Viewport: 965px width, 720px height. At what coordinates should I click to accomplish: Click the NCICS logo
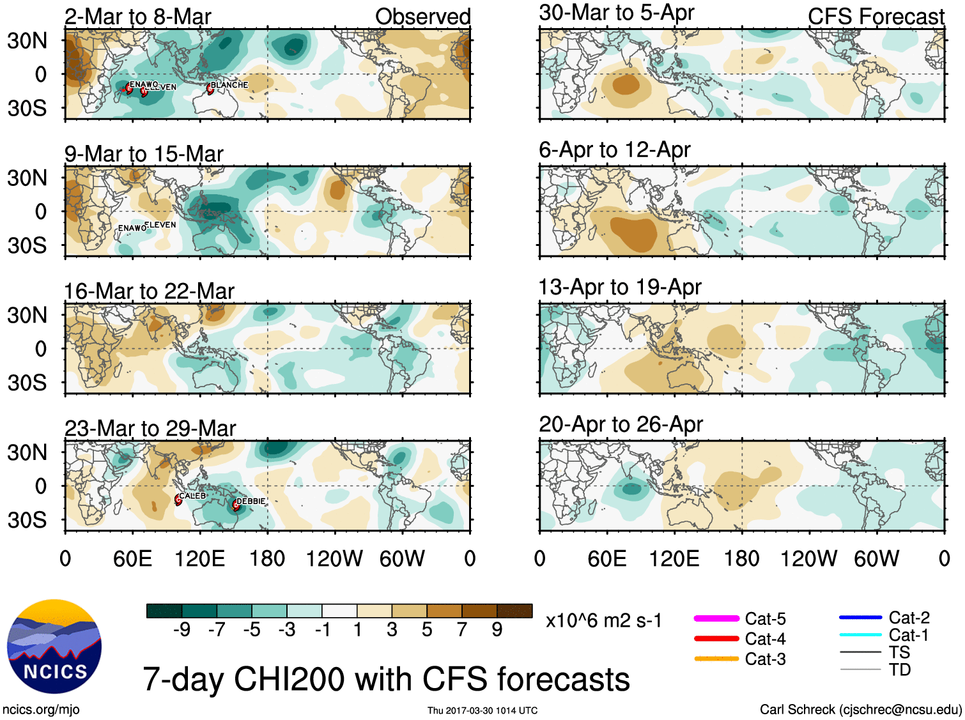pyautogui.click(x=54, y=647)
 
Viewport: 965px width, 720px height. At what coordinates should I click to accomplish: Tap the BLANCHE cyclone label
pyautogui.click(x=229, y=85)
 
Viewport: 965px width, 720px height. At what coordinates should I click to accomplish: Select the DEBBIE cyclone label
pyautogui.click(x=251, y=502)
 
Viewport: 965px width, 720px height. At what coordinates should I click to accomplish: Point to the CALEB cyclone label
pyautogui.click(x=192, y=496)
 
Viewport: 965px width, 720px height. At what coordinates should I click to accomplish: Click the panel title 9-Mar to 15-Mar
pyautogui.click(x=144, y=154)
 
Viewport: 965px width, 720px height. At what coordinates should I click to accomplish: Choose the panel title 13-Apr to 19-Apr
pyautogui.click(x=620, y=287)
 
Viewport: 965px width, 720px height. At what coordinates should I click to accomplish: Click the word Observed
pyautogui.click(x=422, y=17)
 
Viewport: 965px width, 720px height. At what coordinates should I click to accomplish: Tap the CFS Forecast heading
pyautogui.click(x=876, y=17)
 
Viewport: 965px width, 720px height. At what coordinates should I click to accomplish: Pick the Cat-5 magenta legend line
pyautogui.click(x=716, y=618)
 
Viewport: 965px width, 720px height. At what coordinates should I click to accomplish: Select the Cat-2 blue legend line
pyautogui.click(x=860, y=617)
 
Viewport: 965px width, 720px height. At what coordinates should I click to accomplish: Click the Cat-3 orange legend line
pyautogui.click(x=716, y=659)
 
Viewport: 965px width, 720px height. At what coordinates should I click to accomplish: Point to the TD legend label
pyautogui.click(x=899, y=670)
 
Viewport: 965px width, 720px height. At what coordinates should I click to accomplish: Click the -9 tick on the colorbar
pyautogui.click(x=182, y=630)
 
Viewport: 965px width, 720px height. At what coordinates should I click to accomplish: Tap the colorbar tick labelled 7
pyautogui.click(x=462, y=630)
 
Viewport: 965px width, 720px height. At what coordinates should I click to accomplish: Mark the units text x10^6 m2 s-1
pyautogui.click(x=603, y=621)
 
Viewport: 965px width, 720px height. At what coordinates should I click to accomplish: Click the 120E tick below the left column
pyautogui.click(x=200, y=559)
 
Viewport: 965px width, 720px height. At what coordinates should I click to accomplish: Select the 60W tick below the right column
pyautogui.click(x=876, y=559)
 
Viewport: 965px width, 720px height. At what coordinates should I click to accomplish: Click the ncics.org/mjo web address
pyautogui.click(x=41, y=709)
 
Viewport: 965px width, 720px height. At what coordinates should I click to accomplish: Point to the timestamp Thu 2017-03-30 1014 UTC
pyautogui.click(x=483, y=710)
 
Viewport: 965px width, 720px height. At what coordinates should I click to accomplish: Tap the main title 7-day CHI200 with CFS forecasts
pyautogui.click(x=386, y=679)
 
